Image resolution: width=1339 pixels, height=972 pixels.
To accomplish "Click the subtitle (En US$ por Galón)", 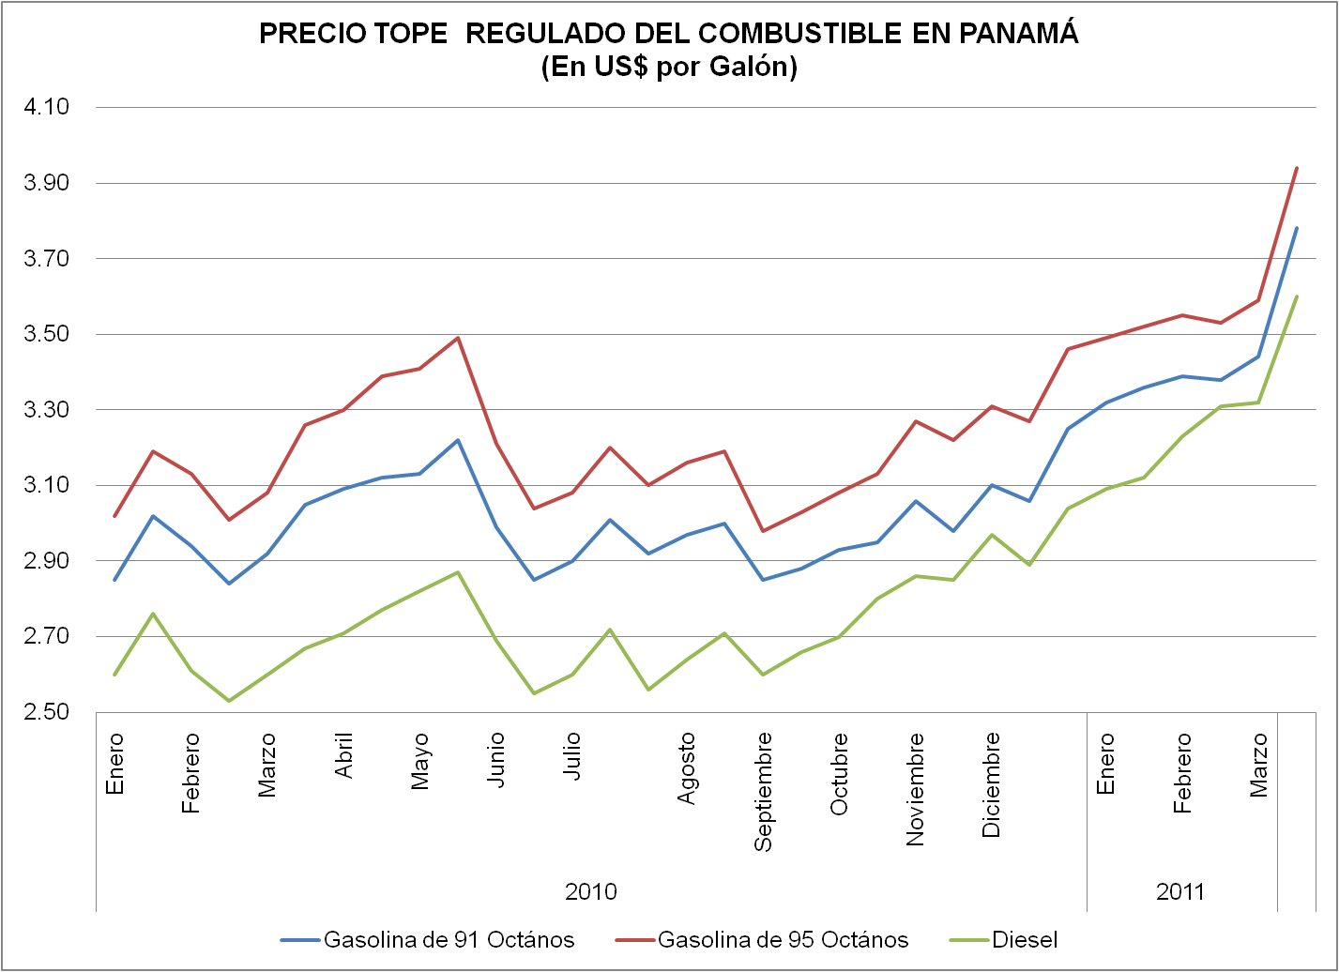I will (669, 68).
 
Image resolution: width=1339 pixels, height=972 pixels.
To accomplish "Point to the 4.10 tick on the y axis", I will (47, 107).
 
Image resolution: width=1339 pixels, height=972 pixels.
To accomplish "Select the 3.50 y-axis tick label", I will (47, 334).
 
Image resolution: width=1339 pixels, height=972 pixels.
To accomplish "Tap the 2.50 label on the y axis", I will (47, 712).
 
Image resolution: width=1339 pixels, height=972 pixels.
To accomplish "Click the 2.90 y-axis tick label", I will (47, 561).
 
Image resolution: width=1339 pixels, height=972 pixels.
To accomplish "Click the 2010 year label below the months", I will (591, 891).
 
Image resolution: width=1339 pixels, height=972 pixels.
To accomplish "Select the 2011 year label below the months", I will (1180, 891).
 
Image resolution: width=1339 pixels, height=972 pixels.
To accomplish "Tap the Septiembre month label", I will (764, 792).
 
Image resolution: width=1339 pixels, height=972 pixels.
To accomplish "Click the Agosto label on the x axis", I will (687, 768).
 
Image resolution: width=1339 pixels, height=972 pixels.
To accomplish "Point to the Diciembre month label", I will (992, 784).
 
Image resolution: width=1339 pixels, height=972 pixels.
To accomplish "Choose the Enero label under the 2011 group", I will (1106, 764).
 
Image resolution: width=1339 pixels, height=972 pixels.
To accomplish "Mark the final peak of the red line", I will (1297, 168).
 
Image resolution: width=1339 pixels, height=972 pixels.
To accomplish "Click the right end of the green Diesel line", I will (1297, 296).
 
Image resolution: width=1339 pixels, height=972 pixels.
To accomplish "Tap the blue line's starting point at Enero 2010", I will (114, 580).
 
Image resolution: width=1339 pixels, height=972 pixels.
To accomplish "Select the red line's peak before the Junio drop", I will (458, 338).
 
